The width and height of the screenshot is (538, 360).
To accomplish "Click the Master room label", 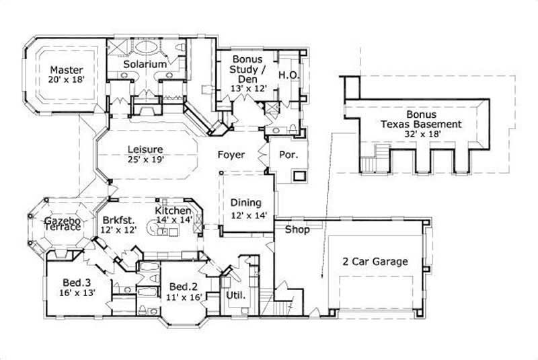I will pyautogui.click(x=66, y=70).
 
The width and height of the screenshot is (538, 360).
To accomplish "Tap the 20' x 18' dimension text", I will pyautogui.click(x=66, y=80).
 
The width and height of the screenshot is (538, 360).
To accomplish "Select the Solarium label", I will pyautogui.click(x=145, y=63).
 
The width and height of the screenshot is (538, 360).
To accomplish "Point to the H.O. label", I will pyautogui.click(x=289, y=75).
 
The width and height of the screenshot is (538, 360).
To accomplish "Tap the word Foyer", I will pyautogui.click(x=230, y=155).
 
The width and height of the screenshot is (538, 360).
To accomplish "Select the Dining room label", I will pyautogui.click(x=246, y=203).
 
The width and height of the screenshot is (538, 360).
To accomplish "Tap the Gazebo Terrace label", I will pyautogui.click(x=63, y=224).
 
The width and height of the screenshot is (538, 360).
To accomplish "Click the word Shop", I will pyautogui.click(x=298, y=230).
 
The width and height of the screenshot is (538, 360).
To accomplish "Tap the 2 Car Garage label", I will pyautogui.click(x=375, y=262).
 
